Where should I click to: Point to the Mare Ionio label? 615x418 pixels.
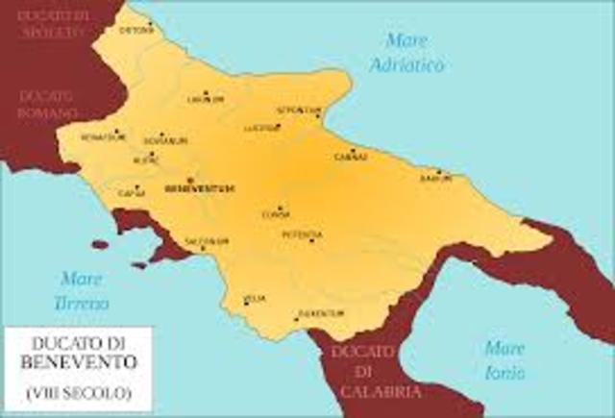click(504, 358)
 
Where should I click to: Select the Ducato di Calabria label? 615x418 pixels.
click(362, 372)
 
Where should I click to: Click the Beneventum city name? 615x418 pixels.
click(200, 188)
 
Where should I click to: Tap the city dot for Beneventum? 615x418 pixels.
click(190, 180)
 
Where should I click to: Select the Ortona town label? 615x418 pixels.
click(136, 30)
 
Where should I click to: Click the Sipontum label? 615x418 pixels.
click(297, 110)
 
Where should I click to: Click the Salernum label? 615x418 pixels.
click(208, 240)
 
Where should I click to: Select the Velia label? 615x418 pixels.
click(256, 299)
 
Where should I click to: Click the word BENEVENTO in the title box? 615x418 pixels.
click(78, 362)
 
